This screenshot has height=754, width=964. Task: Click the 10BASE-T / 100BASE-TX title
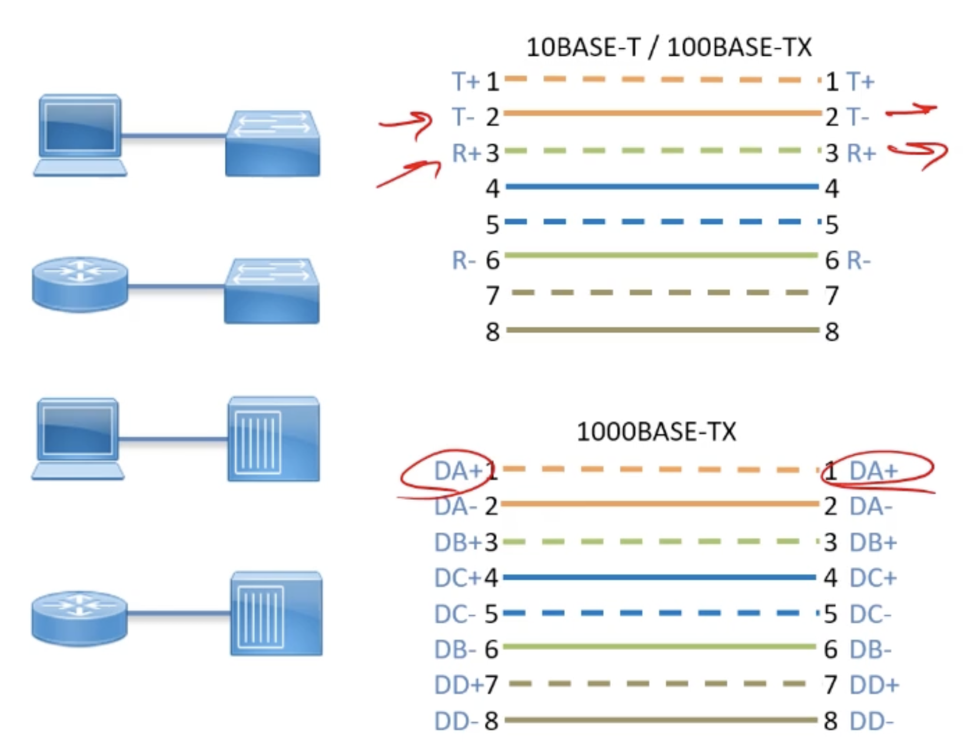point(669,47)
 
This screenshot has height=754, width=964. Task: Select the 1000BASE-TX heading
point(656,432)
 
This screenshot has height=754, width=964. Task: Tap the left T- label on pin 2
point(463,117)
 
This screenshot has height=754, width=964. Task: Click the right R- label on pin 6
point(858,260)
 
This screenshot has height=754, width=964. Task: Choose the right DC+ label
point(873,578)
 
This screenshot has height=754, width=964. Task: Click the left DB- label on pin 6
point(455,649)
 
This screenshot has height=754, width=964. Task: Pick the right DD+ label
point(874,685)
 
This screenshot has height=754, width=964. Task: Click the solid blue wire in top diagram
point(662,187)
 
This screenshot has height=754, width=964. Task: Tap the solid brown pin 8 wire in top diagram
point(662,330)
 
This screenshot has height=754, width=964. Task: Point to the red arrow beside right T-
point(911,110)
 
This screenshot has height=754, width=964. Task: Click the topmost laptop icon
point(80,134)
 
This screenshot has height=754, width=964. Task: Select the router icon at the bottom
point(79,618)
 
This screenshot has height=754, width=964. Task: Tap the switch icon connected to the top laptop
point(272,142)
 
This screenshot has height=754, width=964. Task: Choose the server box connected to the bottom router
point(276,613)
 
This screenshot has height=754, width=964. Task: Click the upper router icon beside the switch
point(80,283)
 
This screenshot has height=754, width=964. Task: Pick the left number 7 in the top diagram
point(493,295)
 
